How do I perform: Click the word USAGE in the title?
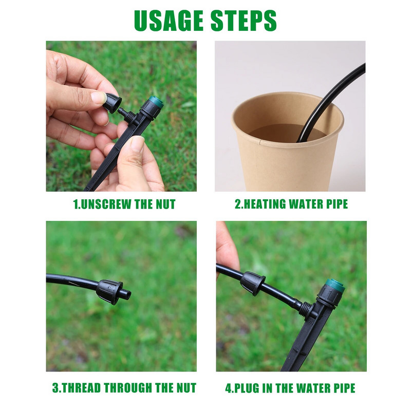(169, 21)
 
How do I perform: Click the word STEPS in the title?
(244, 21)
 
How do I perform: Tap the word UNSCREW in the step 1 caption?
(106, 204)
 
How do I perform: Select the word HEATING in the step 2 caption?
(265, 204)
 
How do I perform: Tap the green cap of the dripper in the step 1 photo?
(156, 102)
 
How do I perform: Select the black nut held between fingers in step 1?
(112, 103)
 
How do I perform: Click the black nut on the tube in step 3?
(109, 292)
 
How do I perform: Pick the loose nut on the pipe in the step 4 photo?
(253, 284)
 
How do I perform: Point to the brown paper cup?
(288, 141)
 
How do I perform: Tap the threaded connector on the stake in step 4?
(306, 309)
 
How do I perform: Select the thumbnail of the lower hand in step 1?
(138, 144)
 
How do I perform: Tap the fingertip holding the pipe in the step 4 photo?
(227, 249)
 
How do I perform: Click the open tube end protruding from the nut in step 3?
(127, 294)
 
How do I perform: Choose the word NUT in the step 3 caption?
(186, 388)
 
